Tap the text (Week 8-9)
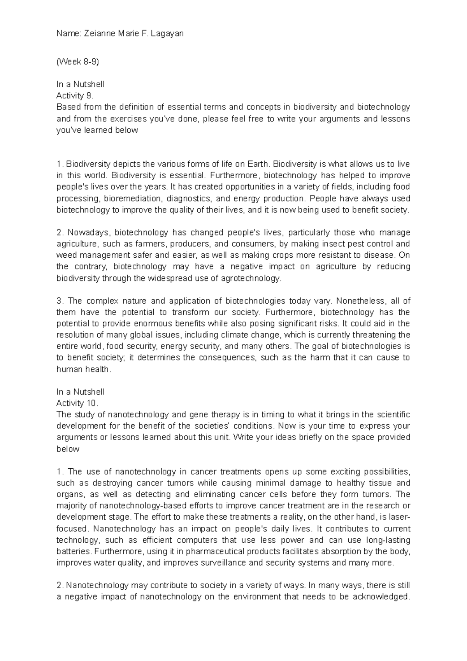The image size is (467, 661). [x=78, y=62]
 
